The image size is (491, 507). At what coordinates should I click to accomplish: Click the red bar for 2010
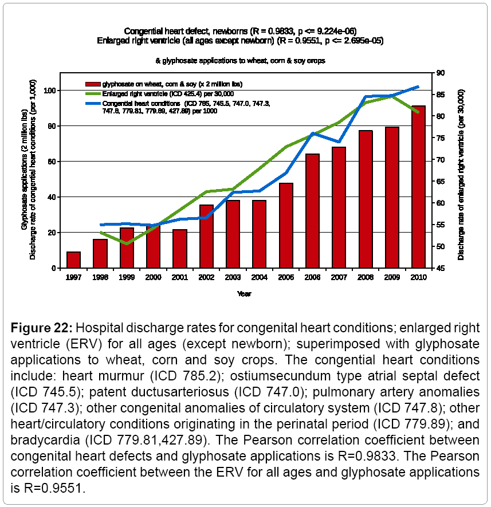[x=418, y=187]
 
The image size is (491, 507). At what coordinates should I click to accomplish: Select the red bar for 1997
[x=73, y=260]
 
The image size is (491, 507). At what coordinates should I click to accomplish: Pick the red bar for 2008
[x=366, y=199]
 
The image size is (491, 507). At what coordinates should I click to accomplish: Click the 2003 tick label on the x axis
[x=233, y=277]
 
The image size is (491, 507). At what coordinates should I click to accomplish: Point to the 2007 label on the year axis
[x=339, y=277]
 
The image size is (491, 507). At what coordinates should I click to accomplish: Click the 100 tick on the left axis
[x=50, y=91]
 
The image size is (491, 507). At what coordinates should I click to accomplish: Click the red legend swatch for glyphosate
[x=93, y=84]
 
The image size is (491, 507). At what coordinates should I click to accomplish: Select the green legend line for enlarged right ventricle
[x=93, y=93]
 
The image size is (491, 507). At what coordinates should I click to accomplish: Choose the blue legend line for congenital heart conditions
[x=93, y=103]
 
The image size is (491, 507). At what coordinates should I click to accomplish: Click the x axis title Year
[x=245, y=294]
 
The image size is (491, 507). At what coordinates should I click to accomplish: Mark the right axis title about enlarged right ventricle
[x=461, y=175]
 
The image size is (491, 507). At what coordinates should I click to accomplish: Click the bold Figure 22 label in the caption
[x=41, y=328]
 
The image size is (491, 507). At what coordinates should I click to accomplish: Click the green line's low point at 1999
[x=127, y=243]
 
